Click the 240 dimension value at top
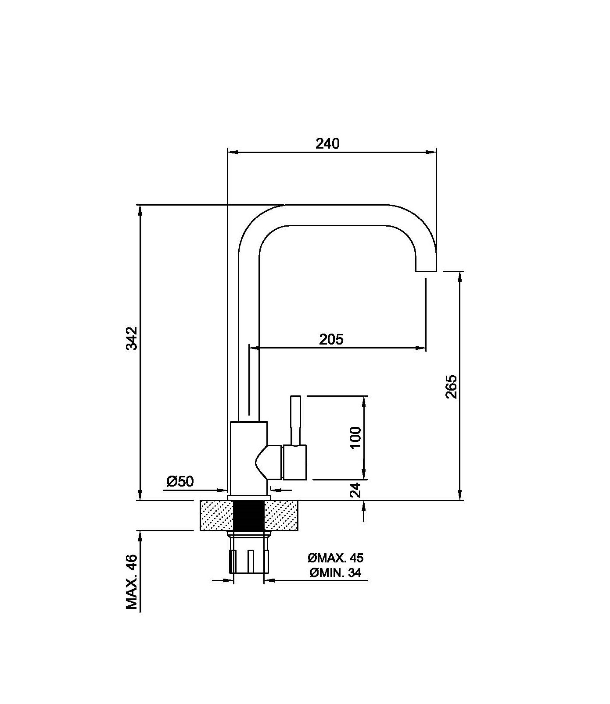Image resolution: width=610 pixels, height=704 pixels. click(x=328, y=143)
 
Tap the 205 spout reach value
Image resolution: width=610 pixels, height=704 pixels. click(x=331, y=339)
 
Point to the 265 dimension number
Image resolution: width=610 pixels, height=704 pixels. click(x=451, y=386)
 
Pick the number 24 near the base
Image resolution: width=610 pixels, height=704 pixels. click(x=356, y=490)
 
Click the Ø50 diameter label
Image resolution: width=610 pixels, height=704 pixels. click(x=180, y=481)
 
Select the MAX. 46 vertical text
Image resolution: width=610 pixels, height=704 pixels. click(x=132, y=582)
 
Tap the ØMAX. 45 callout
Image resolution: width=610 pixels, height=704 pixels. click(x=336, y=558)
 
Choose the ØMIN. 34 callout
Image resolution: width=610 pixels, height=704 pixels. click(x=335, y=572)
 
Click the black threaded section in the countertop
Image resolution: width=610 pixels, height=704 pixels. click(x=248, y=516)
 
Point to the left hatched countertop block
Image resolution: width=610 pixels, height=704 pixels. click(x=216, y=516)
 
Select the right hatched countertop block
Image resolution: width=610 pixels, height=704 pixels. click(x=281, y=516)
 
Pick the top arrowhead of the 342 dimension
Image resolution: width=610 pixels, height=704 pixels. click(x=140, y=210)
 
